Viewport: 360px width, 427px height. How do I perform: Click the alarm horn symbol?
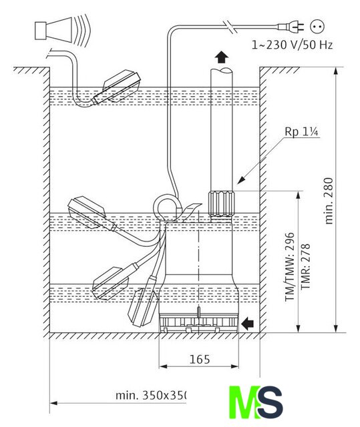(x=62, y=29)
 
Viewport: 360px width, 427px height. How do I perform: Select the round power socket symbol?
(x=317, y=27)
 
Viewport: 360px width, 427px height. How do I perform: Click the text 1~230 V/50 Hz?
(x=292, y=45)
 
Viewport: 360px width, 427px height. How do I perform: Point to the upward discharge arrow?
(x=222, y=57)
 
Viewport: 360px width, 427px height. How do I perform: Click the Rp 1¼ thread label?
(x=301, y=132)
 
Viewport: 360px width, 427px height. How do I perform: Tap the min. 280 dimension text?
(x=329, y=201)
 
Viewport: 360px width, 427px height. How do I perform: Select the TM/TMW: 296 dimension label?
(x=290, y=267)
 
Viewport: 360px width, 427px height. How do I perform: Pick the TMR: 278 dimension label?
(x=305, y=267)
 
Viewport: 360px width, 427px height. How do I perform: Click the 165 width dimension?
(x=200, y=359)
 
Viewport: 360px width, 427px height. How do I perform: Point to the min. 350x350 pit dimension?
(x=151, y=395)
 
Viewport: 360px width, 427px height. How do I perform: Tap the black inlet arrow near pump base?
(x=248, y=324)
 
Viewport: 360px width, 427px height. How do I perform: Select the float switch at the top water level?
(x=117, y=87)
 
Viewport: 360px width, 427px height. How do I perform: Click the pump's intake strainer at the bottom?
(x=199, y=323)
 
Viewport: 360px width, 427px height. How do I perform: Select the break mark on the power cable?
(x=231, y=27)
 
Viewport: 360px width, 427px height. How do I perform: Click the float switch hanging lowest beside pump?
(x=144, y=302)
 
